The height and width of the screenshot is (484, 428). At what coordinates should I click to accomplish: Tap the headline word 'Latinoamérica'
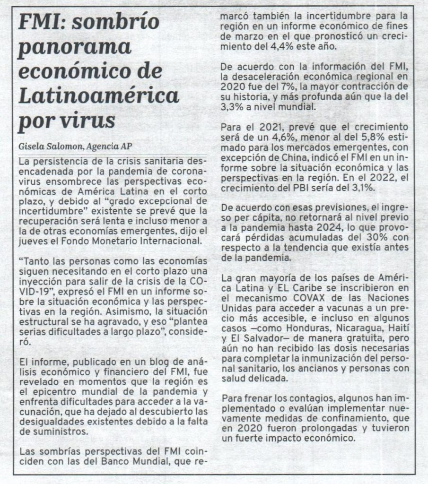[98, 96]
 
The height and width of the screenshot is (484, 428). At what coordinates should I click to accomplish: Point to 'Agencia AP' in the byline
[111, 146]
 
